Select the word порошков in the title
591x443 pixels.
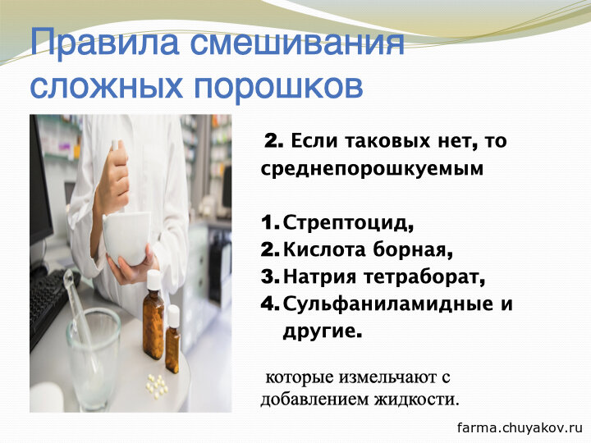[278, 88]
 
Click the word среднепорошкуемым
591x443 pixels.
[372, 168]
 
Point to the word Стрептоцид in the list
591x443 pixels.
[348, 222]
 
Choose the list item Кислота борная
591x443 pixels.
[368, 249]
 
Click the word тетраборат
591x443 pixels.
[424, 277]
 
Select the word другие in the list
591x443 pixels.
[323, 331]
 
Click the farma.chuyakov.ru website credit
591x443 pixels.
[520, 427]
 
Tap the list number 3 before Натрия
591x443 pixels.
[269, 277]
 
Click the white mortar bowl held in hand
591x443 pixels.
[126, 238]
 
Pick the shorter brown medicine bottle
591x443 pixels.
[173, 339]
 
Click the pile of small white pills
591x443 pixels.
[157, 385]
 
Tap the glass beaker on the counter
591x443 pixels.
[93, 358]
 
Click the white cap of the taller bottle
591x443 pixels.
[153, 281]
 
